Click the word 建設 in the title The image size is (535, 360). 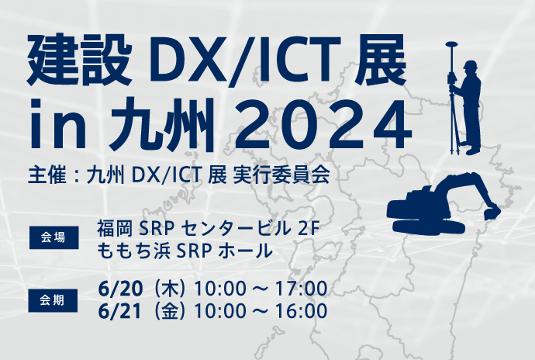[79, 60]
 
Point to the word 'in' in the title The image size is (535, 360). [57, 124]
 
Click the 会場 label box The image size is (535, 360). [54, 237]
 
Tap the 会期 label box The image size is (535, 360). [53, 300]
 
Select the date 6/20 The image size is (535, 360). [119, 289]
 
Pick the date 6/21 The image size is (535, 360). [119, 311]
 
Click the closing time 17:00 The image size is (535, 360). [302, 289]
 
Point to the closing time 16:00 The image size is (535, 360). [302, 311]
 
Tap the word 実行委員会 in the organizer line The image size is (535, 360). [281, 175]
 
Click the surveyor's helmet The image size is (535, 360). [471, 65]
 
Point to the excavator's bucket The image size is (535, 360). [492, 212]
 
